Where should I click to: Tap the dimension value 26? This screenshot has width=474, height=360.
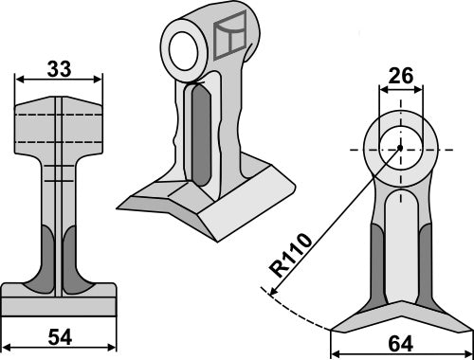click(x=399, y=75)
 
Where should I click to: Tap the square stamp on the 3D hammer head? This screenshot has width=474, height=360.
click(x=231, y=39)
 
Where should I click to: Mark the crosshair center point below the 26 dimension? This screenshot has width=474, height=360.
click(x=400, y=148)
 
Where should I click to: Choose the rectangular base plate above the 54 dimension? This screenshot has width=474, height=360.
click(x=58, y=302)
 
